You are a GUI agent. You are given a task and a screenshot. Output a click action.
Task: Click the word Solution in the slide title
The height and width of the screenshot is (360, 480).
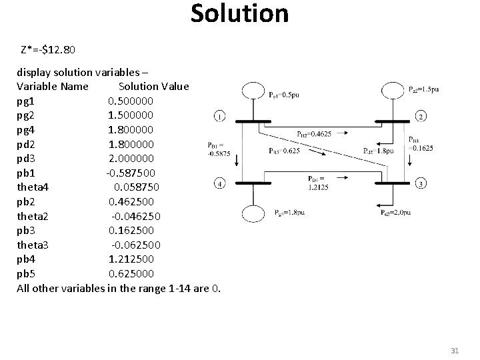[239, 13]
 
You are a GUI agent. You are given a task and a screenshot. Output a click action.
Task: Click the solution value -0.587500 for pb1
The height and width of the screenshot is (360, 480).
[132, 173]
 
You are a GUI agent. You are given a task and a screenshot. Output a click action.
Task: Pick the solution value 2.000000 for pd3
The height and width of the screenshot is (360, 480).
[131, 159]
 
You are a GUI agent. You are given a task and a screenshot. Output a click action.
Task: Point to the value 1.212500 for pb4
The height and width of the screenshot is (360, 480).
[131, 259]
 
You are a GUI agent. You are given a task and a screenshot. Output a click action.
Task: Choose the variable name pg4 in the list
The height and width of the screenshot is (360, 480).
[29, 129]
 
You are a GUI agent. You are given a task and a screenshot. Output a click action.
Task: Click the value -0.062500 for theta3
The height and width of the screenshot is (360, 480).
[136, 245]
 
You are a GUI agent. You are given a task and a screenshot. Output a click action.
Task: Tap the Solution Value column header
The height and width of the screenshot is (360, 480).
[153, 87]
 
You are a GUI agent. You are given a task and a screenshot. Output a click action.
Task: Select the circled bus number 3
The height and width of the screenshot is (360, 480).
[421, 183]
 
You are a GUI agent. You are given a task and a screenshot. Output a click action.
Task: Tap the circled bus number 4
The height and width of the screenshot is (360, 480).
[221, 183]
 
